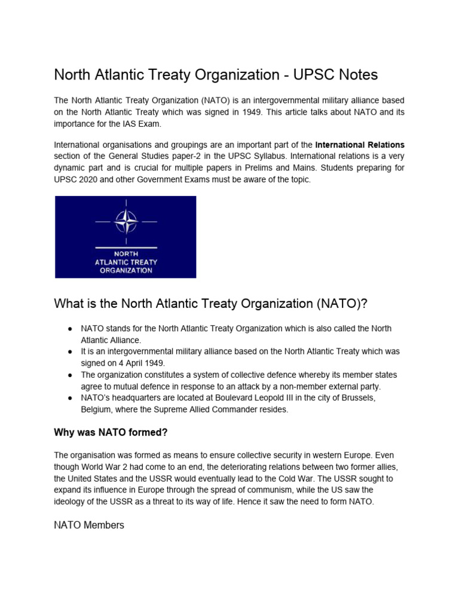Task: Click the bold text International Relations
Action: [360, 145]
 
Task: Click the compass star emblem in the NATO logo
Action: [126, 222]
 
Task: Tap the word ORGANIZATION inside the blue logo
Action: [126, 270]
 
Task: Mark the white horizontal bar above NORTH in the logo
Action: [126, 247]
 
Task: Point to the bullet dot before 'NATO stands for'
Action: [70, 329]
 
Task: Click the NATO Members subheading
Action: [89, 525]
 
